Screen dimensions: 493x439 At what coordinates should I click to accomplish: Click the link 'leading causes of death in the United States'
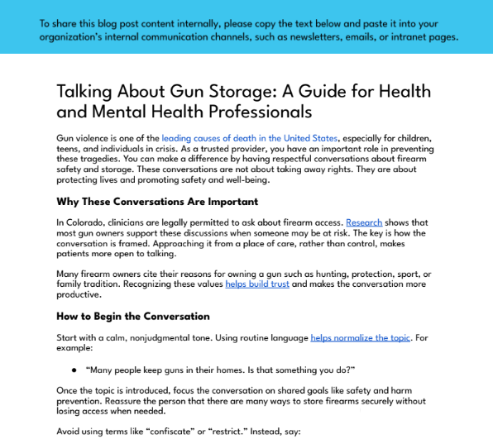pos(250,138)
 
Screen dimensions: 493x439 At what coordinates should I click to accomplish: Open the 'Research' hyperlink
pos(364,222)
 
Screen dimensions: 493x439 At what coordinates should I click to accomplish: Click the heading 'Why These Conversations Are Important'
pos(157,202)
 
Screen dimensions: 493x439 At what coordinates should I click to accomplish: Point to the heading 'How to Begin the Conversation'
pos(133,316)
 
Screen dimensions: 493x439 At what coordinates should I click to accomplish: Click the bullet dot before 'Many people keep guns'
pos(74,369)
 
